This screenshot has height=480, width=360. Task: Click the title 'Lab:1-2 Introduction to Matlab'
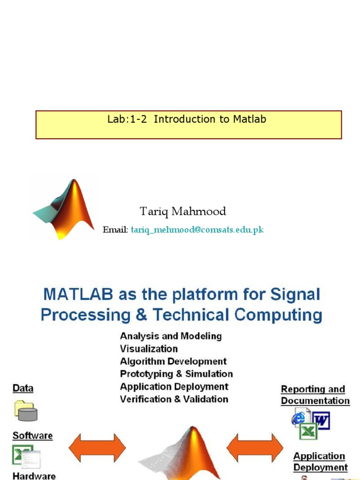pos(187,120)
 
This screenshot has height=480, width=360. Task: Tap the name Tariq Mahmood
pos(183,211)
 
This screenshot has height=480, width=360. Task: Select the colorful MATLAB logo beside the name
pos(65,208)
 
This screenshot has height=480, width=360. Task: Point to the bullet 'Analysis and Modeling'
pos(171,336)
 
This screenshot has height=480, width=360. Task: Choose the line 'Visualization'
pos(149,349)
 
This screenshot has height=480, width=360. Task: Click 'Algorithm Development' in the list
pos(173,361)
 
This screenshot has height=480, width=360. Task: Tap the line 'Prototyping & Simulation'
pos(176,374)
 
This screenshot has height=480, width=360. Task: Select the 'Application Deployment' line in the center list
pos(174,387)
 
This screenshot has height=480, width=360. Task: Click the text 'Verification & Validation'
pos(174,399)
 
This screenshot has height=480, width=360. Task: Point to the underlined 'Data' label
pos(23,389)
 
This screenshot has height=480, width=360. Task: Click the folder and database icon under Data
pos(26,411)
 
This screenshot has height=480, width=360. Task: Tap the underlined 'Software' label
pos(32,436)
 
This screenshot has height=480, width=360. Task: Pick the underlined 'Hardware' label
pos(34,475)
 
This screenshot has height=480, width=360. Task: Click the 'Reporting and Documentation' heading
pos(315,395)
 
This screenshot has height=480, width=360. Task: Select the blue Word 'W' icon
pos(321,420)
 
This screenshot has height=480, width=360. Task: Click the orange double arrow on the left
pos(97,448)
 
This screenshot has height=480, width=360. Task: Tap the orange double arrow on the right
pos(255,448)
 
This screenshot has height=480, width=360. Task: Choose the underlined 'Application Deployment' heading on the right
pos(320,462)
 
